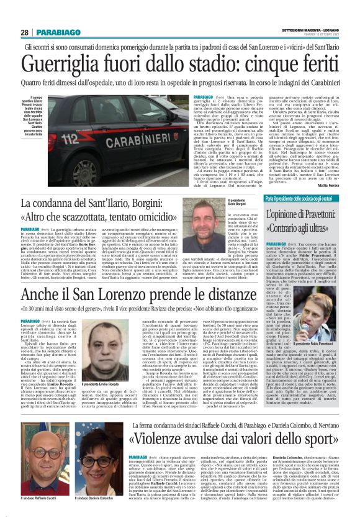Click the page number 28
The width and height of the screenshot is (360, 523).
click(x=25, y=32)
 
